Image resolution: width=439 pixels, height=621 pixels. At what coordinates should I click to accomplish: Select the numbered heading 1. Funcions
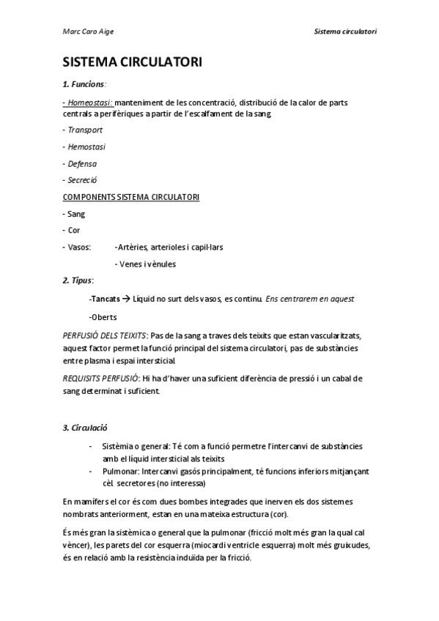(84, 85)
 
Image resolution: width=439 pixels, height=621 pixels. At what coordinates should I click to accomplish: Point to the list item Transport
(84, 130)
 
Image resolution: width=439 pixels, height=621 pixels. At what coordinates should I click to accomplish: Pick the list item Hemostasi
(85, 146)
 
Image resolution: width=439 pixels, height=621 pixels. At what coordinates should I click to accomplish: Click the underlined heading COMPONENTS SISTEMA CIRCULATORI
(131, 197)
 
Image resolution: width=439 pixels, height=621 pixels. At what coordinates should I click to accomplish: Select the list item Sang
(75, 214)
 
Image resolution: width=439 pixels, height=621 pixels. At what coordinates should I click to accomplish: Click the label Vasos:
(78, 248)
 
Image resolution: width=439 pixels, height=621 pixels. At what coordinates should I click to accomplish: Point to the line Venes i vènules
(147, 264)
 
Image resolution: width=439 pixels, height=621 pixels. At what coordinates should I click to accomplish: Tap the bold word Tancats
(106, 299)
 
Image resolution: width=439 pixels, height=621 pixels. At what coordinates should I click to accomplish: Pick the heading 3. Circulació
(86, 427)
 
